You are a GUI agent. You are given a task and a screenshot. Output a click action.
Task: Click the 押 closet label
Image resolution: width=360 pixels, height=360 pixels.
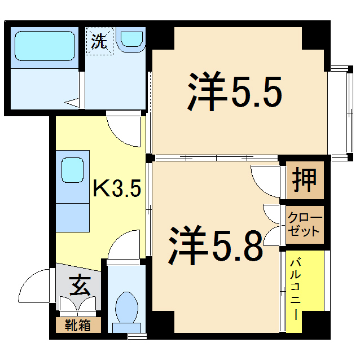pos(305,181)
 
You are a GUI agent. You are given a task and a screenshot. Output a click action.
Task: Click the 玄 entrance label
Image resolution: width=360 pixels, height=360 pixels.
pos(79,287)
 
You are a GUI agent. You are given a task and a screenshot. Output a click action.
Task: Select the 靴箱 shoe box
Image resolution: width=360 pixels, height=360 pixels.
pos(78,326)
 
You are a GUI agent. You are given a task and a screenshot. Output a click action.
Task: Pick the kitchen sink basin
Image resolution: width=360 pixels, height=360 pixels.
pos(73,168)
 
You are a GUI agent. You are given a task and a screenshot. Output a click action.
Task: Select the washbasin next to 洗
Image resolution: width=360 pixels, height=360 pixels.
pos(131,38)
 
